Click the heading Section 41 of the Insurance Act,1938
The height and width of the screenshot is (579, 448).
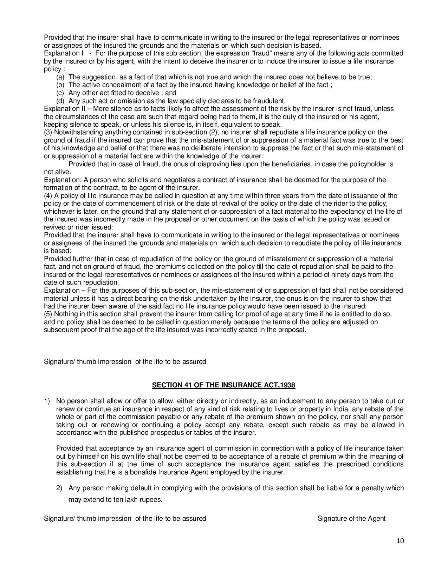click(x=223, y=385)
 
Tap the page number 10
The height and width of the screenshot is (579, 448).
click(x=400, y=541)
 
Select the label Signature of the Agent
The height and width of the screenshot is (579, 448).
click(x=351, y=519)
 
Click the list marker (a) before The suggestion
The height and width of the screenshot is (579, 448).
click(x=60, y=77)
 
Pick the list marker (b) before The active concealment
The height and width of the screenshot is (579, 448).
click(x=60, y=85)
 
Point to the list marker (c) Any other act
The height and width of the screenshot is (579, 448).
click(x=60, y=93)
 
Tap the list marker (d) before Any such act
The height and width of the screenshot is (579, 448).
click(x=60, y=101)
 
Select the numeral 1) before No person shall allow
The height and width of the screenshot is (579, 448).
click(x=47, y=401)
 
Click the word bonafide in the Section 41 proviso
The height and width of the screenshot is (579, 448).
click(x=144, y=472)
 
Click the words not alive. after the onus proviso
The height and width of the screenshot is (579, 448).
click(x=57, y=172)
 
